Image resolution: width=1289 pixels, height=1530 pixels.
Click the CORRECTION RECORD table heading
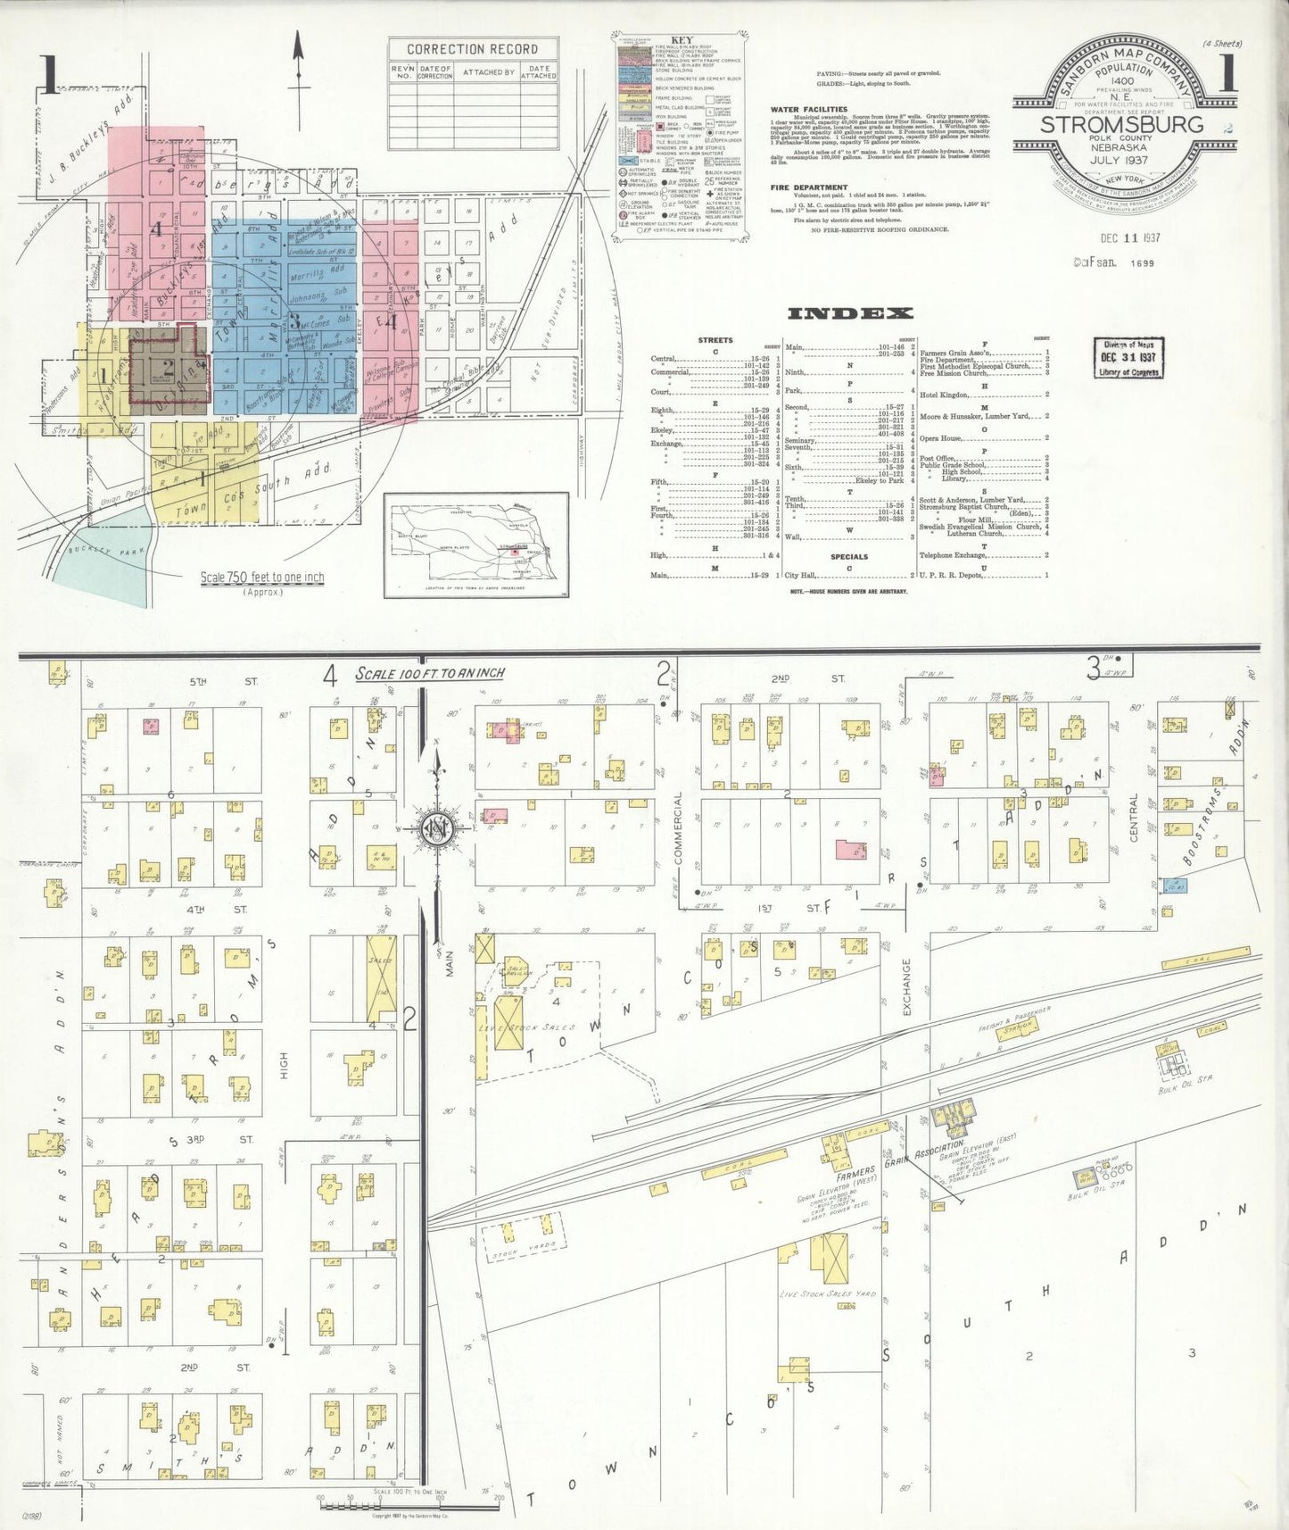click(473, 49)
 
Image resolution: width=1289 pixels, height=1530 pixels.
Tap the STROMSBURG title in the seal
click(1121, 124)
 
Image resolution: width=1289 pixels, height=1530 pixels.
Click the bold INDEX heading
click(851, 312)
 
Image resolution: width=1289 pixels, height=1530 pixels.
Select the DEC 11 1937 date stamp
click(1129, 238)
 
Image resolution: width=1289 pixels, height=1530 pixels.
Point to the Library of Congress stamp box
click(1128, 357)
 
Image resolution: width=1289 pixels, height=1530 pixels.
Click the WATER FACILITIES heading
click(808, 110)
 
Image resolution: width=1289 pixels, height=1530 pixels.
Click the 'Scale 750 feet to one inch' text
click(261, 578)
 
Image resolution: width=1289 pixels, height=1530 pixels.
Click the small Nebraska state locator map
click(476, 545)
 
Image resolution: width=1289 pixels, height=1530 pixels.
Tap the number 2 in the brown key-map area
click(169, 366)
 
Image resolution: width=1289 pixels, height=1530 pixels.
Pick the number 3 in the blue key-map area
click(294, 322)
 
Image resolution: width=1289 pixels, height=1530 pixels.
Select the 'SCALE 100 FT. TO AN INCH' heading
click(430, 673)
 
